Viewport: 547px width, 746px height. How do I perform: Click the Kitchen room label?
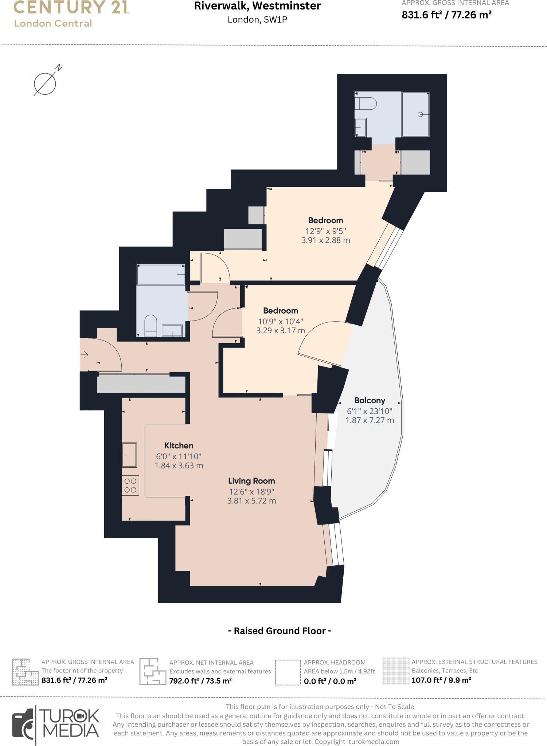[x=179, y=445]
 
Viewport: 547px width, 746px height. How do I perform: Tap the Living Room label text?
[x=251, y=481]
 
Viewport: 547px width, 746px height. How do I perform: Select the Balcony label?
[x=370, y=400]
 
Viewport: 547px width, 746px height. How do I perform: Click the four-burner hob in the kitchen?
[x=130, y=486]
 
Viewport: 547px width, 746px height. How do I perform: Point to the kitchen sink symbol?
[x=129, y=455]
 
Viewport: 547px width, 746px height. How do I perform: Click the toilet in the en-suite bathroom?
[x=366, y=103]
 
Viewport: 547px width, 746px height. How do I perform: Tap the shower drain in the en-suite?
[x=420, y=114]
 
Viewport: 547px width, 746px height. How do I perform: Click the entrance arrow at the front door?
[x=85, y=354]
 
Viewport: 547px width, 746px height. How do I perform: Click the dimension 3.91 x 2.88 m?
[x=325, y=240]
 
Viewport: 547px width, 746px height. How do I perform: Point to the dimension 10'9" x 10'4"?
[x=280, y=321]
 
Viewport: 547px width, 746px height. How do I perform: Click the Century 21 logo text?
[x=71, y=7]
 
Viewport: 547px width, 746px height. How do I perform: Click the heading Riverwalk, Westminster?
[x=257, y=6]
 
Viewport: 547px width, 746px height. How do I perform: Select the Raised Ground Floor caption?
[x=280, y=631]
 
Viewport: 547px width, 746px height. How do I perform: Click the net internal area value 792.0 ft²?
[x=200, y=681]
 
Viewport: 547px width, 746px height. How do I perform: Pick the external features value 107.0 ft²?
[x=441, y=680]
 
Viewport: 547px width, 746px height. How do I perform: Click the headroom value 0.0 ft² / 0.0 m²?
[x=330, y=681]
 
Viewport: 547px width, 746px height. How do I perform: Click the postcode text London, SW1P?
[x=257, y=20]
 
